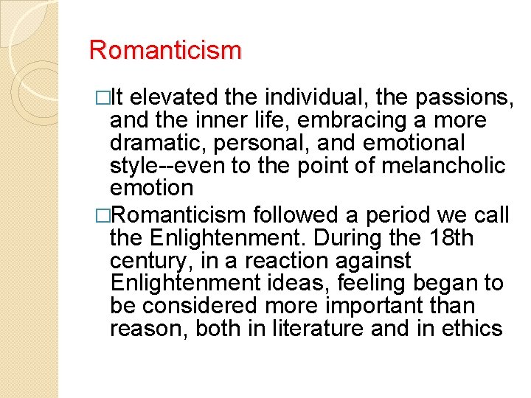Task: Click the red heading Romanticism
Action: (x=165, y=51)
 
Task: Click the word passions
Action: (x=464, y=97)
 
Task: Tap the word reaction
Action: (x=290, y=261)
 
